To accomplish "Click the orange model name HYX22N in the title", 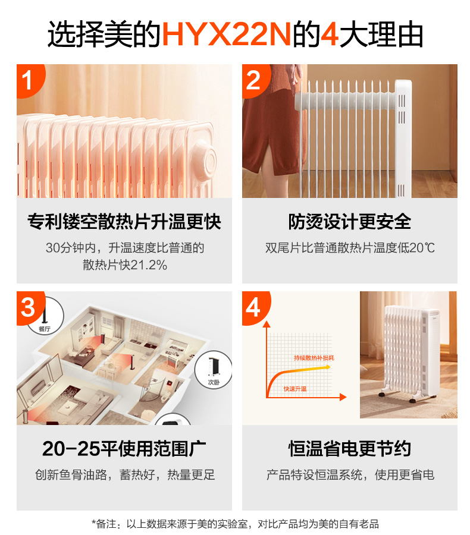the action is [x=227, y=34].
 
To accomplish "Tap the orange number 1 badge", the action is [x=29, y=80].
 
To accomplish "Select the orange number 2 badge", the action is [x=255, y=80].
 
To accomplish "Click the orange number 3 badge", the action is [x=30, y=307].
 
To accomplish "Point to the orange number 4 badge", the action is [x=255, y=307].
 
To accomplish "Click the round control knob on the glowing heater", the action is [x=203, y=160].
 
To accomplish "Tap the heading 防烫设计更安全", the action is [x=349, y=222].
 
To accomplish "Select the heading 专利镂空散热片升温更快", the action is [x=124, y=222].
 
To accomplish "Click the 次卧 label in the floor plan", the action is [x=214, y=382].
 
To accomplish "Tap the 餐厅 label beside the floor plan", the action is [x=45, y=329].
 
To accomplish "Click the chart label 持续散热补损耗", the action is [x=314, y=358].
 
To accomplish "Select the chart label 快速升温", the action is [x=294, y=389].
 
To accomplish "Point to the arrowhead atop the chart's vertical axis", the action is [x=267, y=324].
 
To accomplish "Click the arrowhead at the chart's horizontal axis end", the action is [x=343, y=397].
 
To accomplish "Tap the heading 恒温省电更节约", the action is [x=349, y=448].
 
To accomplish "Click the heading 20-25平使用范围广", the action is [x=124, y=448].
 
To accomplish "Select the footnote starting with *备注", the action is [x=236, y=523].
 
